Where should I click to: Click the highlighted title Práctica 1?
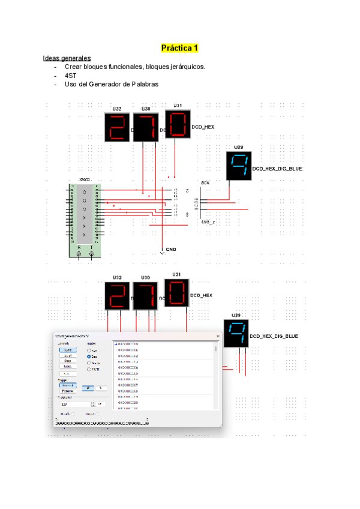pos(180,47)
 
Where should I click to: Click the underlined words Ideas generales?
pos(67,58)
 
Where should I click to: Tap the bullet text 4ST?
pos(70,76)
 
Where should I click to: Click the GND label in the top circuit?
pos(171,248)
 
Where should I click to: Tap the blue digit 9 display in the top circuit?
pos(239,166)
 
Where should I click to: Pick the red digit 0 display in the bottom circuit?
pos(176,294)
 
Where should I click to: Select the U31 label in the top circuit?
pos(178,105)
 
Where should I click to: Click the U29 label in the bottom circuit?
pos(235,315)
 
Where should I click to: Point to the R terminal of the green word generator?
pos(80,247)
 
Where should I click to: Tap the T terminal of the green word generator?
pos(91,247)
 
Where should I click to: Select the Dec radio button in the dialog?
pos(89,357)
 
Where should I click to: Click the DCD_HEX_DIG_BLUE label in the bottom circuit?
pos(273,336)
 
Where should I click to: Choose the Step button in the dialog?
pos(68,361)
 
